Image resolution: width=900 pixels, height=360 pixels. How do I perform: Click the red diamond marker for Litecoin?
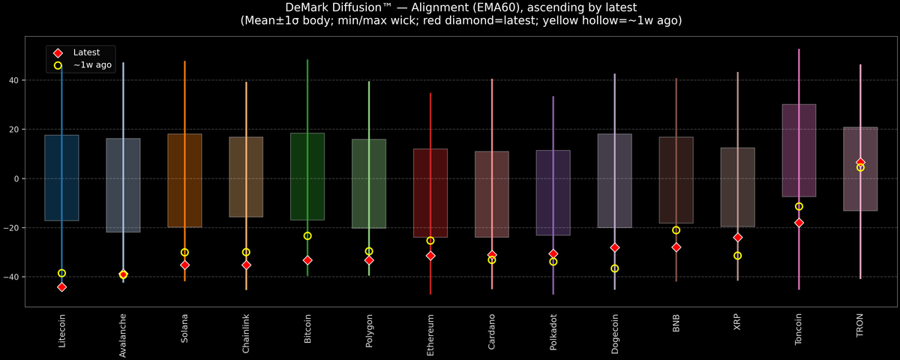(61, 287)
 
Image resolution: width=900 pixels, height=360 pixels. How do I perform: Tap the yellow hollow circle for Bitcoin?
(307, 236)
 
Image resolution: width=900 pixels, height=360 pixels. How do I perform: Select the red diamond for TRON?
(860, 163)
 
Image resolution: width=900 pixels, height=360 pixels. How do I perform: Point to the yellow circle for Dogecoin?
(615, 268)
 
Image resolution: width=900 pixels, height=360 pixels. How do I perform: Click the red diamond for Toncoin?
(799, 223)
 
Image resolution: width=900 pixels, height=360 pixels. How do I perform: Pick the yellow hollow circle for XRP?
(737, 256)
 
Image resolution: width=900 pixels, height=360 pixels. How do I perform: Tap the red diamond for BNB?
(676, 247)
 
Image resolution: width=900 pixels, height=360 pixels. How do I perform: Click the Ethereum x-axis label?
(430, 334)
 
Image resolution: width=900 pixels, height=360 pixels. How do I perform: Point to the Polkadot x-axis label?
(553, 334)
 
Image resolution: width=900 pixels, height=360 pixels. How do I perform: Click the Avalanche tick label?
(123, 335)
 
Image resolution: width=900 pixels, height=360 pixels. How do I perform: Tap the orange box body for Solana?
(184, 180)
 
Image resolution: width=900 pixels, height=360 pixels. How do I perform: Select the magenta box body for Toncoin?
(799, 150)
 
